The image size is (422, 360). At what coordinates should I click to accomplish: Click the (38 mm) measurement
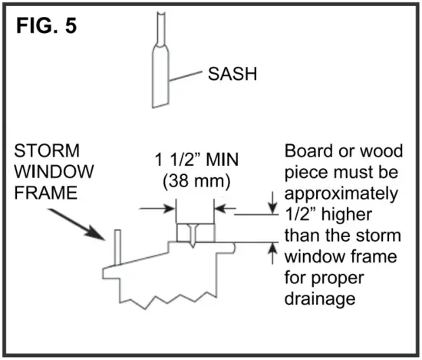197,183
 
